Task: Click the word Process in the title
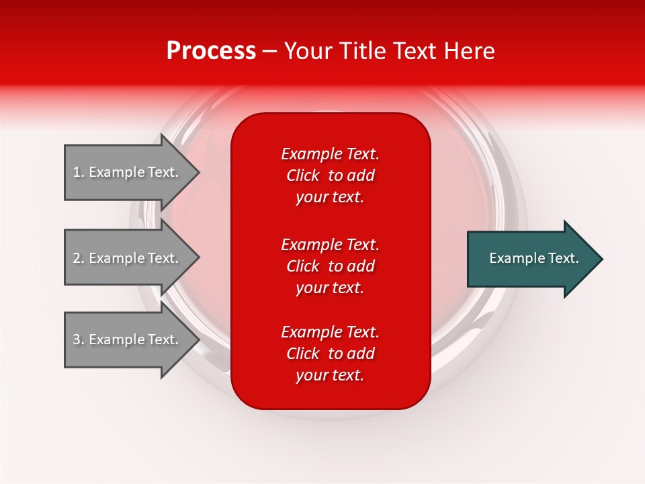click(211, 51)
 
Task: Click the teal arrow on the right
click(531, 259)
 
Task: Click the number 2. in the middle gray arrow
click(79, 258)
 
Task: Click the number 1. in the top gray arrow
click(79, 172)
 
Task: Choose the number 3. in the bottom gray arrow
click(79, 339)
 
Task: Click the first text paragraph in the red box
click(330, 175)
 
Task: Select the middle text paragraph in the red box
click(330, 266)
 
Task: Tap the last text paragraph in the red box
click(330, 354)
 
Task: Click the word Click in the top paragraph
click(302, 175)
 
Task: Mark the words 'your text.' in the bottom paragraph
click(330, 375)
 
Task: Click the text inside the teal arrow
click(533, 258)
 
